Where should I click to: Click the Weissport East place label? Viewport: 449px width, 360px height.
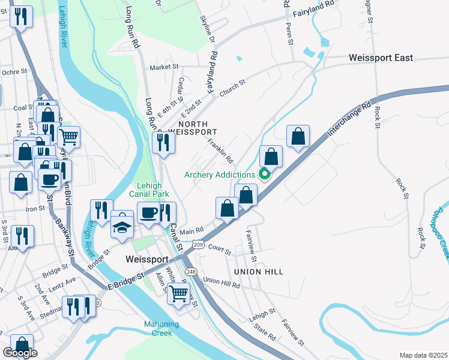pos(381,58)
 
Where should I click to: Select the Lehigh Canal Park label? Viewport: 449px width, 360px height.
pos(149,190)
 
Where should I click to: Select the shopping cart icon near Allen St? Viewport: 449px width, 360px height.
pos(179,294)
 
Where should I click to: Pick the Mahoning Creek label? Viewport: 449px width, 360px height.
pos(161,328)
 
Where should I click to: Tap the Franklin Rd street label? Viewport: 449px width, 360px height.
pos(220,151)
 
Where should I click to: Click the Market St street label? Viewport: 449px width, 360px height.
pos(161,67)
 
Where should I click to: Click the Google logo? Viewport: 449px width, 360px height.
pos(20,353)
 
